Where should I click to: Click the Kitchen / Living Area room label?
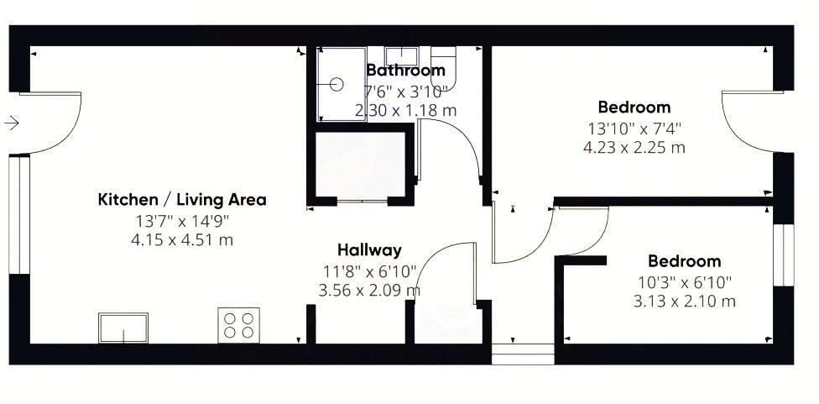(x=182, y=200)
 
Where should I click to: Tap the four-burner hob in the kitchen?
(x=238, y=324)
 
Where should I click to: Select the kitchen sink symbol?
(x=123, y=327)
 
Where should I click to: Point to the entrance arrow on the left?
(x=12, y=123)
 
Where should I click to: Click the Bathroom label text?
(x=405, y=71)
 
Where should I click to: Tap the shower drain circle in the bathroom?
(x=336, y=84)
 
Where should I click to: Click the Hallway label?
(x=369, y=249)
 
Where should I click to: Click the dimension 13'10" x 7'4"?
(x=634, y=129)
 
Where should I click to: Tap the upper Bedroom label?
(x=634, y=108)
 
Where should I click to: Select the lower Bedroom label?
(x=685, y=261)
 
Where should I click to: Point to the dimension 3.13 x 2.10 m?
(x=685, y=302)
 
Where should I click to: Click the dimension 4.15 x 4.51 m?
(x=182, y=240)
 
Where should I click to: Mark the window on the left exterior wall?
(x=19, y=214)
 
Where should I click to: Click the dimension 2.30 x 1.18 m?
(x=406, y=110)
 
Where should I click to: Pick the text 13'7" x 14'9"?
(x=182, y=221)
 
